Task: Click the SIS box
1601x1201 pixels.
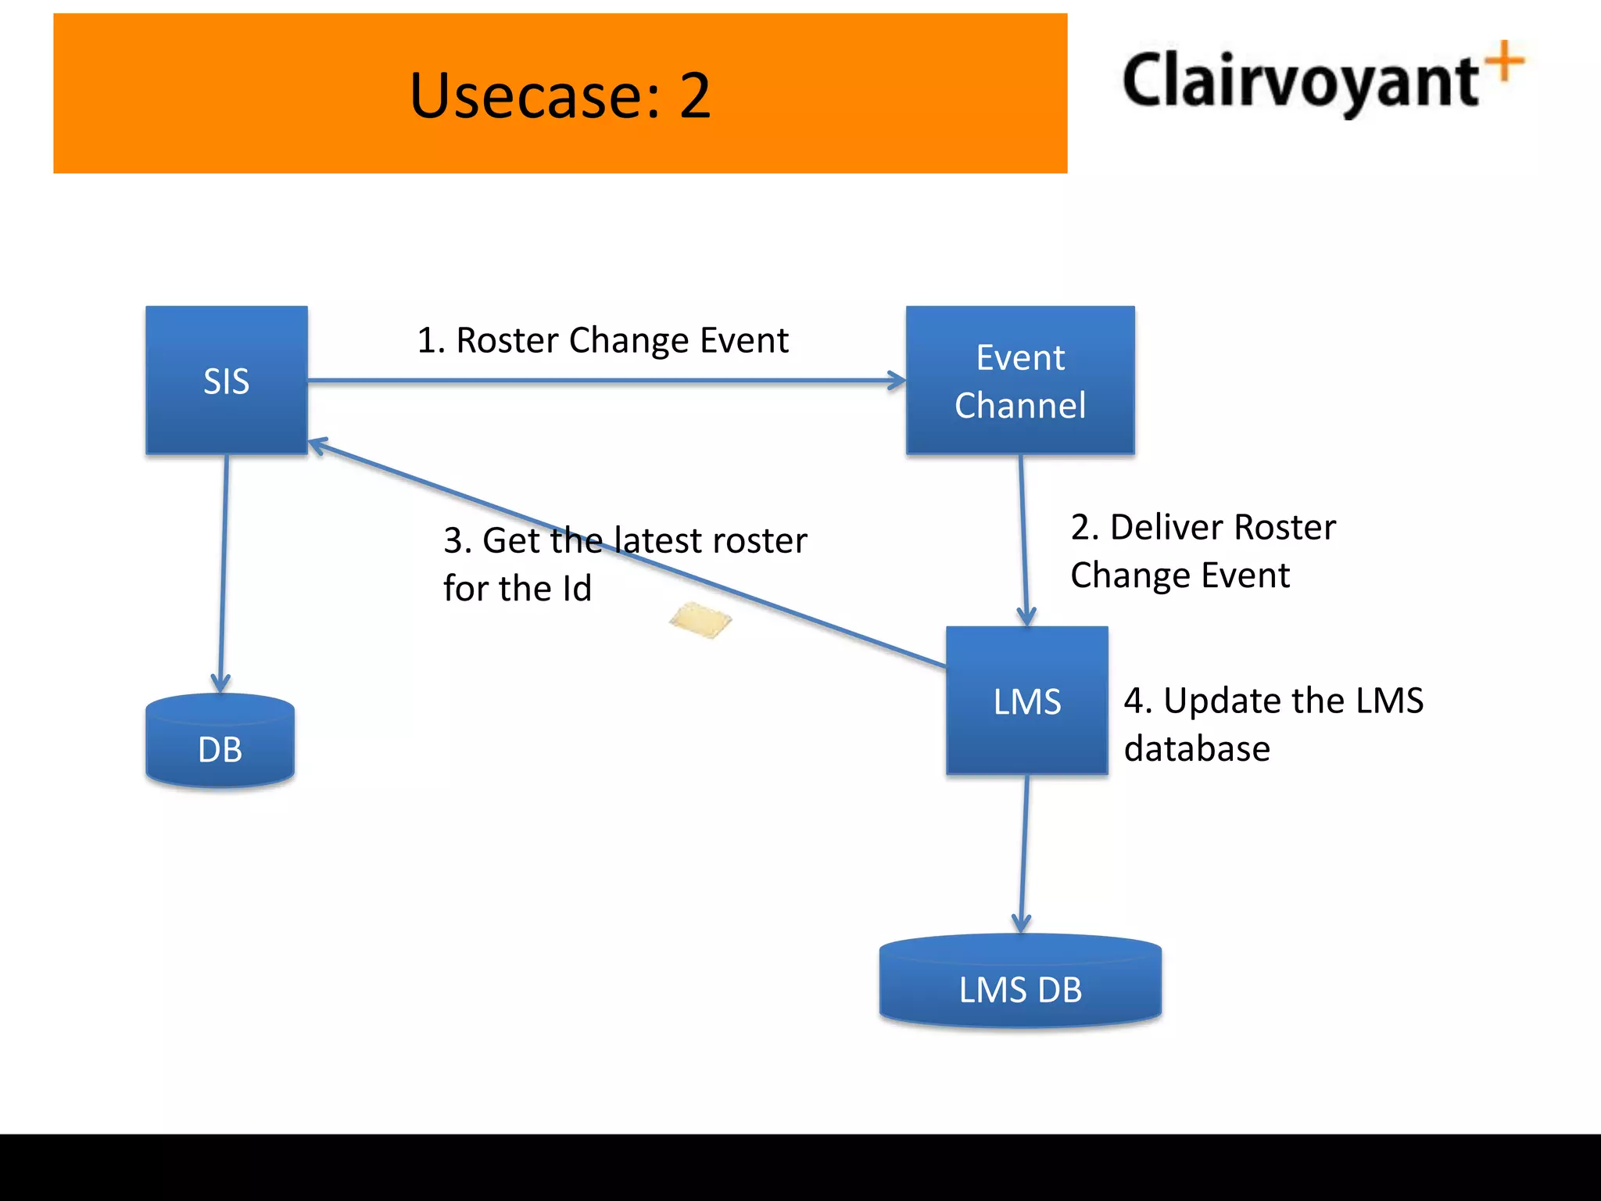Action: pos(227,380)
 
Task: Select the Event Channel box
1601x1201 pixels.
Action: pos(1020,380)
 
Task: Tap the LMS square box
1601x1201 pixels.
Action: pos(1026,701)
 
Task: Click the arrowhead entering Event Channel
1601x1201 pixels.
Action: pos(897,381)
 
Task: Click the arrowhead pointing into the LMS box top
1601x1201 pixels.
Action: pos(1026,616)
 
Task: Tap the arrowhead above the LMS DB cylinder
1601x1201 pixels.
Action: pos(1021,923)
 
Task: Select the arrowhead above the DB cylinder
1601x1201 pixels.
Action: pos(220,682)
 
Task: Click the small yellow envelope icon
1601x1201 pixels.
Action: pos(700,620)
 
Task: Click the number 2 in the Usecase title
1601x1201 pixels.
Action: pos(694,95)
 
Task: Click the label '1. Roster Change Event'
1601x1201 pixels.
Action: pos(603,340)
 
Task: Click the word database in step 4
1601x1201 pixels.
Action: pos(1197,748)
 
